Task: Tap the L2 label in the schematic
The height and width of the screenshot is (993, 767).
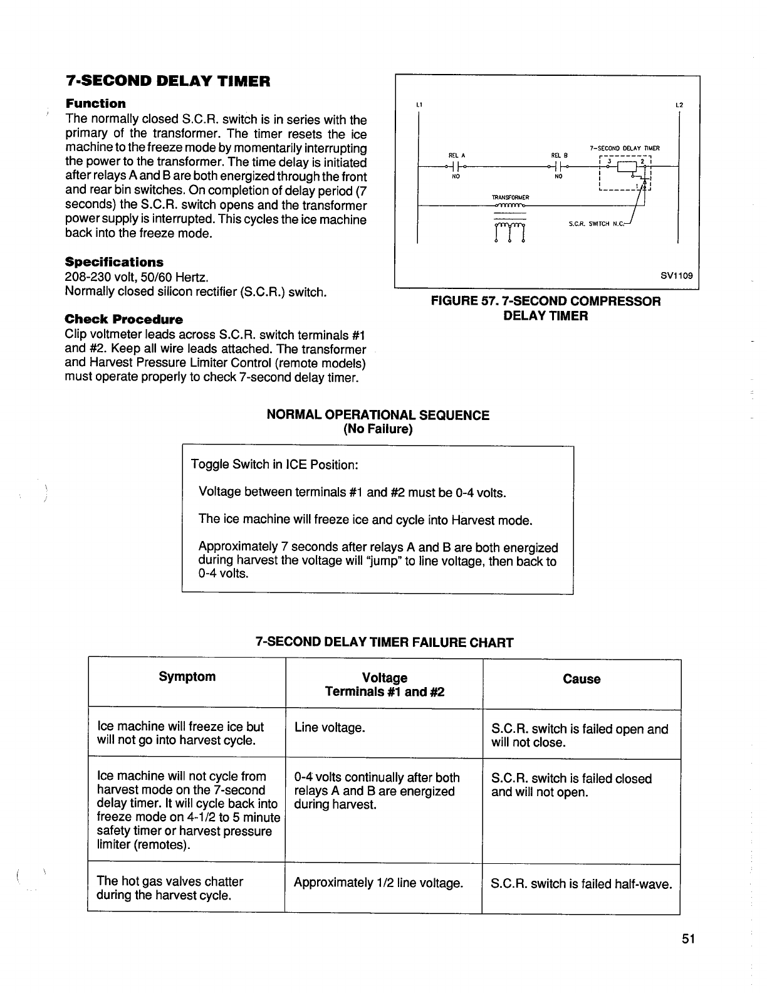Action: (679, 105)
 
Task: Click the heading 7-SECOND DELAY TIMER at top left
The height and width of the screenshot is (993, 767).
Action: (168, 81)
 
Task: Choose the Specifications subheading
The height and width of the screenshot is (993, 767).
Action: (114, 262)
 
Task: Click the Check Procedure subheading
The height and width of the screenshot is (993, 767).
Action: (124, 319)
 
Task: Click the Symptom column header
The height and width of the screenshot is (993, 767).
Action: (187, 677)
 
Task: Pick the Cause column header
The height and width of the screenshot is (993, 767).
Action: (582, 680)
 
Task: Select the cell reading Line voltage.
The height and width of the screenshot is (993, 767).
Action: (330, 728)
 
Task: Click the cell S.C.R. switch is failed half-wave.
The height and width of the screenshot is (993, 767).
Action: (581, 884)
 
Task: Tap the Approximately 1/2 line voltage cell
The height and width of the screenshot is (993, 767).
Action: (378, 883)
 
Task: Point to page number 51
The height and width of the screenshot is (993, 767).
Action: (689, 939)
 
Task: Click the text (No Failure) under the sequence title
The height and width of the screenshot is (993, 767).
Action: (378, 429)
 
